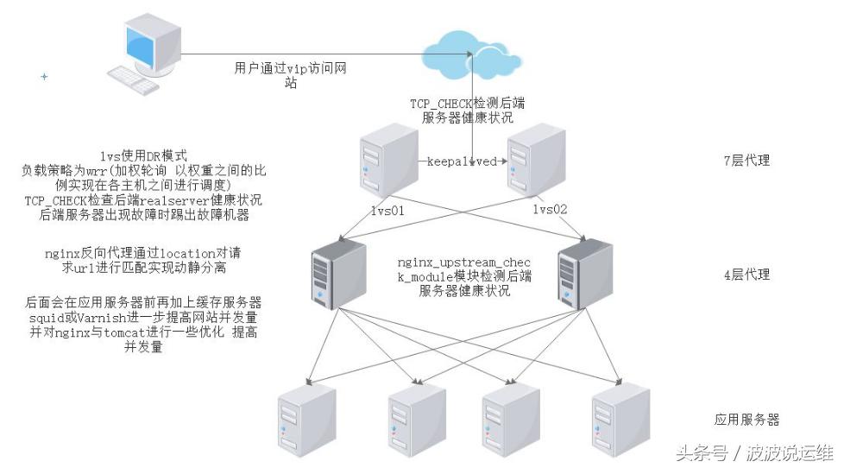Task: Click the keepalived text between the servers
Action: point(462,161)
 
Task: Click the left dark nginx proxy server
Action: point(332,273)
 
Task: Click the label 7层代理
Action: point(746,161)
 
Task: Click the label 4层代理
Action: point(746,275)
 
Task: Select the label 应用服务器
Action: point(746,420)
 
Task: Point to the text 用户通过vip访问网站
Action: point(291,74)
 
